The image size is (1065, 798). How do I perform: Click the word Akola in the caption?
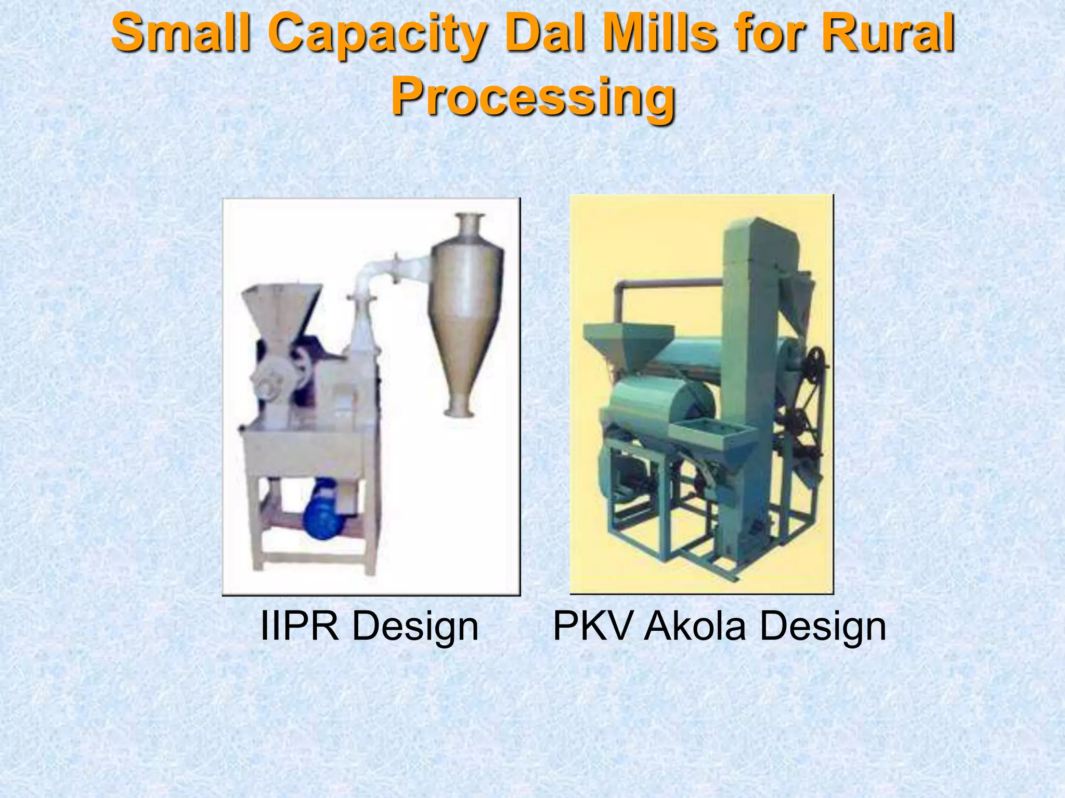[697, 626]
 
